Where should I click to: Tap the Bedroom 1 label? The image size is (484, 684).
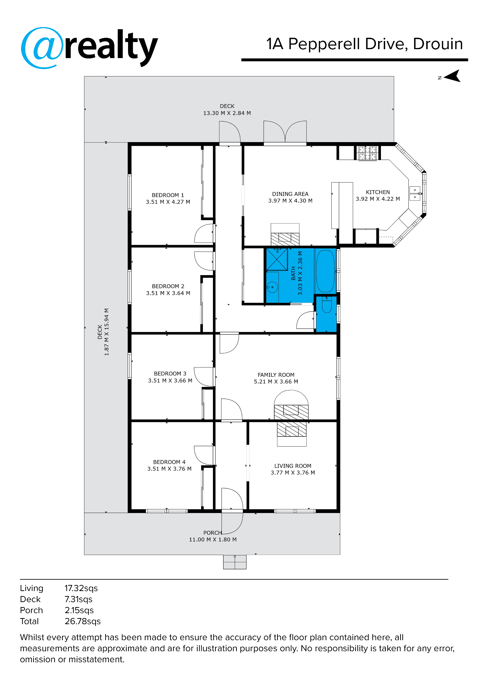[x=168, y=195]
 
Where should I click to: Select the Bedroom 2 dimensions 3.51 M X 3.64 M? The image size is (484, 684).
[x=168, y=293]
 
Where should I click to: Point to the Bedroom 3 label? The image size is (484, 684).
[x=170, y=374]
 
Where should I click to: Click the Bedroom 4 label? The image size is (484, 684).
[x=169, y=462]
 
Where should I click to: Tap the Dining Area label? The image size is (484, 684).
[x=290, y=194]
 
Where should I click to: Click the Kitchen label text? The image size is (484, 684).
[x=378, y=192]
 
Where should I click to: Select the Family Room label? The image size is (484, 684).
[x=276, y=375]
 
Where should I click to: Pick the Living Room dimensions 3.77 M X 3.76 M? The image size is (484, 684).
[x=292, y=473]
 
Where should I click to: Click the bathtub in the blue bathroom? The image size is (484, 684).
[x=325, y=271]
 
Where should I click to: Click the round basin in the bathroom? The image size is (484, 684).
[x=272, y=286]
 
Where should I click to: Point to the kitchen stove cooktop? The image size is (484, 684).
[x=367, y=153]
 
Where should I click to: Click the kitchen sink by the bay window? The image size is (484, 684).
[x=415, y=193]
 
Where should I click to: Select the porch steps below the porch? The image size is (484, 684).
[x=235, y=562]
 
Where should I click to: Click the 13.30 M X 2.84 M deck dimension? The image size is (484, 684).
[x=227, y=113]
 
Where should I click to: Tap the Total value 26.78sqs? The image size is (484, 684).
[x=82, y=621]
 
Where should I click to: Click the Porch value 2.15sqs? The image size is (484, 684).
[x=79, y=610]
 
